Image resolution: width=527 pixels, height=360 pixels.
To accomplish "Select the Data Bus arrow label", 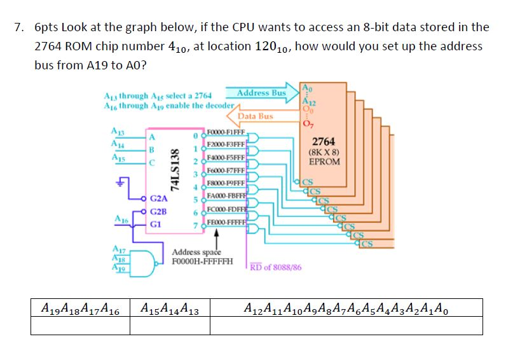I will point(255,116).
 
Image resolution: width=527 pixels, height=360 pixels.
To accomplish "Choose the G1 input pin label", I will point(156,224).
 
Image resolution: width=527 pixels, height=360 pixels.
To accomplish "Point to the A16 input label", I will point(118,218).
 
